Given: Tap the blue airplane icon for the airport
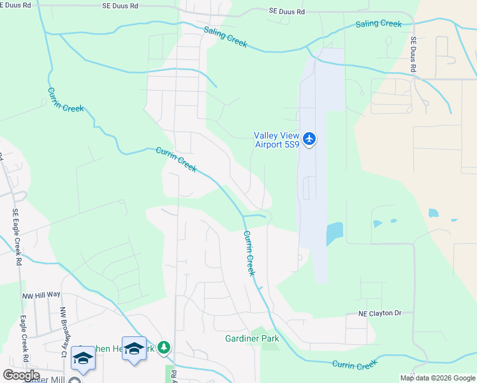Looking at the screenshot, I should (309, 139).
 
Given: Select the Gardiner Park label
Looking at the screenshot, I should (248, 338).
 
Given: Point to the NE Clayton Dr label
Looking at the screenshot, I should (379, 313).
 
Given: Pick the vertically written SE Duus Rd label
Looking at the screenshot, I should (413, 54).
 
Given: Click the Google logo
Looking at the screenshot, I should (21, 375).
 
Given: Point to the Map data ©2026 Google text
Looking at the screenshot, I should (437, 378).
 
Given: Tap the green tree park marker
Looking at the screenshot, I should (165, 347).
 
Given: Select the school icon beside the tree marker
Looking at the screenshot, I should (134, 349).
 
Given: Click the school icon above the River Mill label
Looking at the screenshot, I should (82, 357).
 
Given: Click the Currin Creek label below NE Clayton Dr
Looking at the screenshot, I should (355, 365).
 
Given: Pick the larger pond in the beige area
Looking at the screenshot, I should (434, 213).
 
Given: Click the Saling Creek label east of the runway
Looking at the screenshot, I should (379, 24).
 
